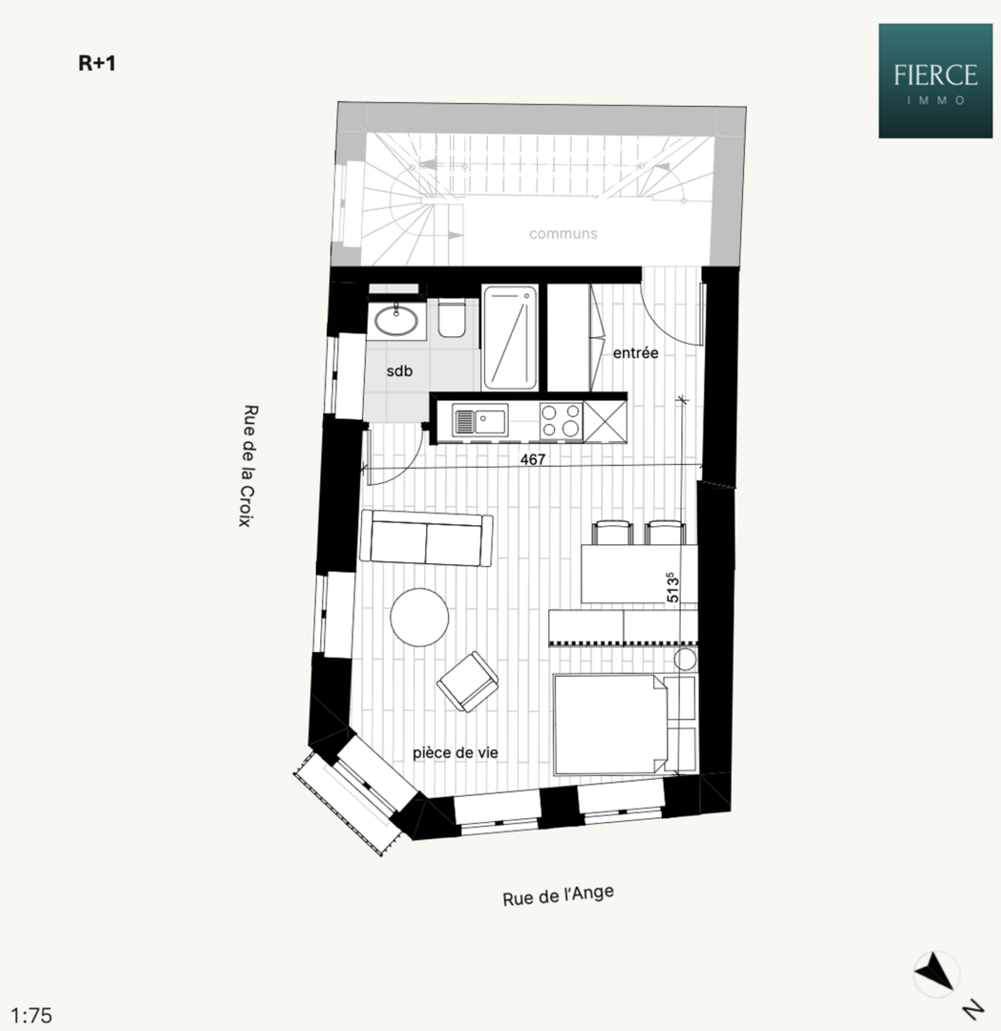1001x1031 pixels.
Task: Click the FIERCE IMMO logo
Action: click(x=935, y=81)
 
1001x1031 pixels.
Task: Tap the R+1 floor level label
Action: click(x=96, y=63)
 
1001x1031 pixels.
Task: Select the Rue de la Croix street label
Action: click(x=248, y=466)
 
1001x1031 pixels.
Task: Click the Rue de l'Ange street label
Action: click(x=559, y=895)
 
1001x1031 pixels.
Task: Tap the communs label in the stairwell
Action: click(x=563, y=234)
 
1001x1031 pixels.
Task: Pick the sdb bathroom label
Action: click(x=399, y=370)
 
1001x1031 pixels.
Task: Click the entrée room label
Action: click(x=635, y=353)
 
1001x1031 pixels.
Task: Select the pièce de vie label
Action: click(x=455, y=753)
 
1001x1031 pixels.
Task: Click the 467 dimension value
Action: click(x=533, y=459)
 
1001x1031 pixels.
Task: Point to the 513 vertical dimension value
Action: click(x=672, y=587)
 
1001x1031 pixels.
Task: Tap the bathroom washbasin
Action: click(x=396, y=321)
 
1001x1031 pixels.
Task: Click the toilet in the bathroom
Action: click(x=452, y=318)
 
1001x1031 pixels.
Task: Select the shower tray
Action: click(x=510, y=337)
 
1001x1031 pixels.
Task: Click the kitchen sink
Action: click(x=479, y=420)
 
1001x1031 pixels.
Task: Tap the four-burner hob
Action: click(x=561, y=421)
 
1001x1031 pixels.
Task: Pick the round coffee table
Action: click(x=419, y=618)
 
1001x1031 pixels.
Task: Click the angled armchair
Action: click(x=468, y=682)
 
